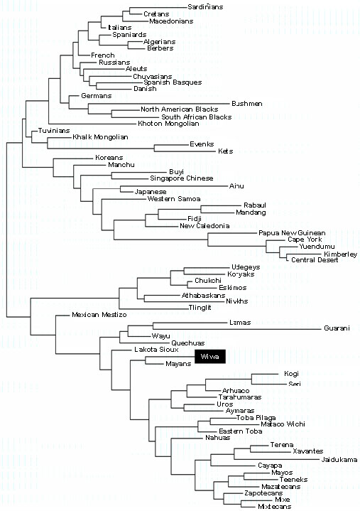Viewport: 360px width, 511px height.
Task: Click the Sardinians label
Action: coord(205,7)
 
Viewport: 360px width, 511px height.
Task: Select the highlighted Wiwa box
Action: coord(210,357)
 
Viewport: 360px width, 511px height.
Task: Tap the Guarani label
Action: coord(337,328)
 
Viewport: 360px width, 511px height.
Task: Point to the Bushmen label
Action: coord(247,104)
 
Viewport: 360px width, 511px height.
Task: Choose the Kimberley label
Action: coord(340,254)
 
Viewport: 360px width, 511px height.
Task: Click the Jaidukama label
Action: coord(339,460)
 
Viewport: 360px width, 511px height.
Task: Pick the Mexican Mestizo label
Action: coord(99,315)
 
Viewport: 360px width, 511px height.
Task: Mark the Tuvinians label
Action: coord(54,131)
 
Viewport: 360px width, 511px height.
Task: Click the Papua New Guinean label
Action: coord(292,233)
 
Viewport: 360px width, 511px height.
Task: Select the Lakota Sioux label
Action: coord(156,350)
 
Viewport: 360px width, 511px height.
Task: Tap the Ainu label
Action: coord(236,186)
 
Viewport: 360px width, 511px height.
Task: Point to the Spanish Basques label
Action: coord(173,82)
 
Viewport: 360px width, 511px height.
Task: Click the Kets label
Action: coord(226,151)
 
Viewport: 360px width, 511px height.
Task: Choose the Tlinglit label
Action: coord(200,308)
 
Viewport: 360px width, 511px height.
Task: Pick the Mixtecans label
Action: coord(274,507)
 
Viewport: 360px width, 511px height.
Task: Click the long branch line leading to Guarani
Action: coord(238,329)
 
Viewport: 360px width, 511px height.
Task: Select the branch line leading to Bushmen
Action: coord(160,104)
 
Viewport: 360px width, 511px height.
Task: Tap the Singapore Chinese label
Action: coord(182,178)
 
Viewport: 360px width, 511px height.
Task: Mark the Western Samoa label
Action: coord(174,199)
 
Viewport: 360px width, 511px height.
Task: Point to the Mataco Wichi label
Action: coord(283,424)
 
